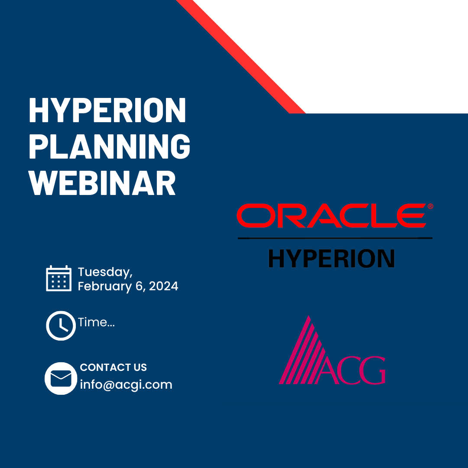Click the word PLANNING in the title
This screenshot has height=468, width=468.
pyautogui.click(x=110, y=146)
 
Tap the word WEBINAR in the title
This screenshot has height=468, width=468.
pyautogui.click(x=102, y=183)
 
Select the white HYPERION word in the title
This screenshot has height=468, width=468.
pyautogui.click(x=107, y=110)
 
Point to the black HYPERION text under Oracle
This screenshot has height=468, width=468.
pyautogui.click(x=331, y=258)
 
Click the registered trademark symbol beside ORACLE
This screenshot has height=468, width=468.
pyautogui.click(x=430, y=206)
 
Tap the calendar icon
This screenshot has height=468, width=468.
pyautogui.click(x=59, y=278)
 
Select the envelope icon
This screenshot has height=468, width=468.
pyautogui.click(x=61, y=378)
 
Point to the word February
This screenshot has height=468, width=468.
pyautogui.click(x=105, y=286)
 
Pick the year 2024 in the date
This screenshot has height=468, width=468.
pyautogui.click(x=163, y=286)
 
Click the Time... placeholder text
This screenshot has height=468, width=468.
pyautogui.click(x=96, y=322)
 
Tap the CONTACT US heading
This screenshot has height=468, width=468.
pyautogui.click(x=114, y=367)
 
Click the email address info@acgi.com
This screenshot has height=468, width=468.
pyautogui.click(x=126, y=385)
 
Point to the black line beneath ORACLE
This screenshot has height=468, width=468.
pyautogui.click(x=335, y=238)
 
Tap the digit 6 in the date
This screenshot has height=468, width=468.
pyautogui.click(x=140, y=286)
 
